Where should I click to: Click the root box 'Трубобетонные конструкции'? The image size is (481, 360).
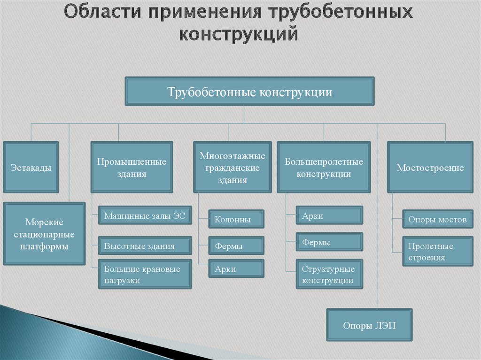(249, 92)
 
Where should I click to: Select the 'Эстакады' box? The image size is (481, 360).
(31, 168)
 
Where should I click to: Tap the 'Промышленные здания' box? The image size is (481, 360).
(132, 168)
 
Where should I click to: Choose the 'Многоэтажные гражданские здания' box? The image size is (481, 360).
(233, 168)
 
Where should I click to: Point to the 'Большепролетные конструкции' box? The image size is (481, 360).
(324, 168)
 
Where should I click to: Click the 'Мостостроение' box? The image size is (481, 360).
(430, 168)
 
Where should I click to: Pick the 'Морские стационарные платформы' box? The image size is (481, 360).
(44, 234)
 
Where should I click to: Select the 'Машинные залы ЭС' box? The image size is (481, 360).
(145, 216)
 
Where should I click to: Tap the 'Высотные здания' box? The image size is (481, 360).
(145, 246)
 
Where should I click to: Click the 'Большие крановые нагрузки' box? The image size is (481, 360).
(145, 275)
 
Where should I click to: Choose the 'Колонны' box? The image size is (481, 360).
(237, 219)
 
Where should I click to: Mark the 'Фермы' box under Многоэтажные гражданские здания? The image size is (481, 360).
(237, 245)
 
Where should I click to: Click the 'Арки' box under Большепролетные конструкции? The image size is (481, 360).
(329, 216)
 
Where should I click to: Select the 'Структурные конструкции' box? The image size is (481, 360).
(329, 275)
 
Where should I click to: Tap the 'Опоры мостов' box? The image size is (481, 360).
(437, 219)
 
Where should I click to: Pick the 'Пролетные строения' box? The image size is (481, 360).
(437, 252)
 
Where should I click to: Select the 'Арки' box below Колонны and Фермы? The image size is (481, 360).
(237, 269)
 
